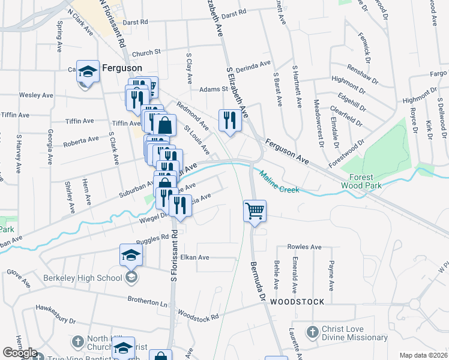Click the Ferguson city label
point(121,68)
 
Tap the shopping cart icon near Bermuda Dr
point(255,212)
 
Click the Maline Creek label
point(279,183)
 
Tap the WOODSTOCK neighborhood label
point(297,301)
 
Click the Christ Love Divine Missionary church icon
point(312,332)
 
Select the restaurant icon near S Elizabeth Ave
point(230,121)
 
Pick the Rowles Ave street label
point(304,247)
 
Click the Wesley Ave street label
point(36,95)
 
